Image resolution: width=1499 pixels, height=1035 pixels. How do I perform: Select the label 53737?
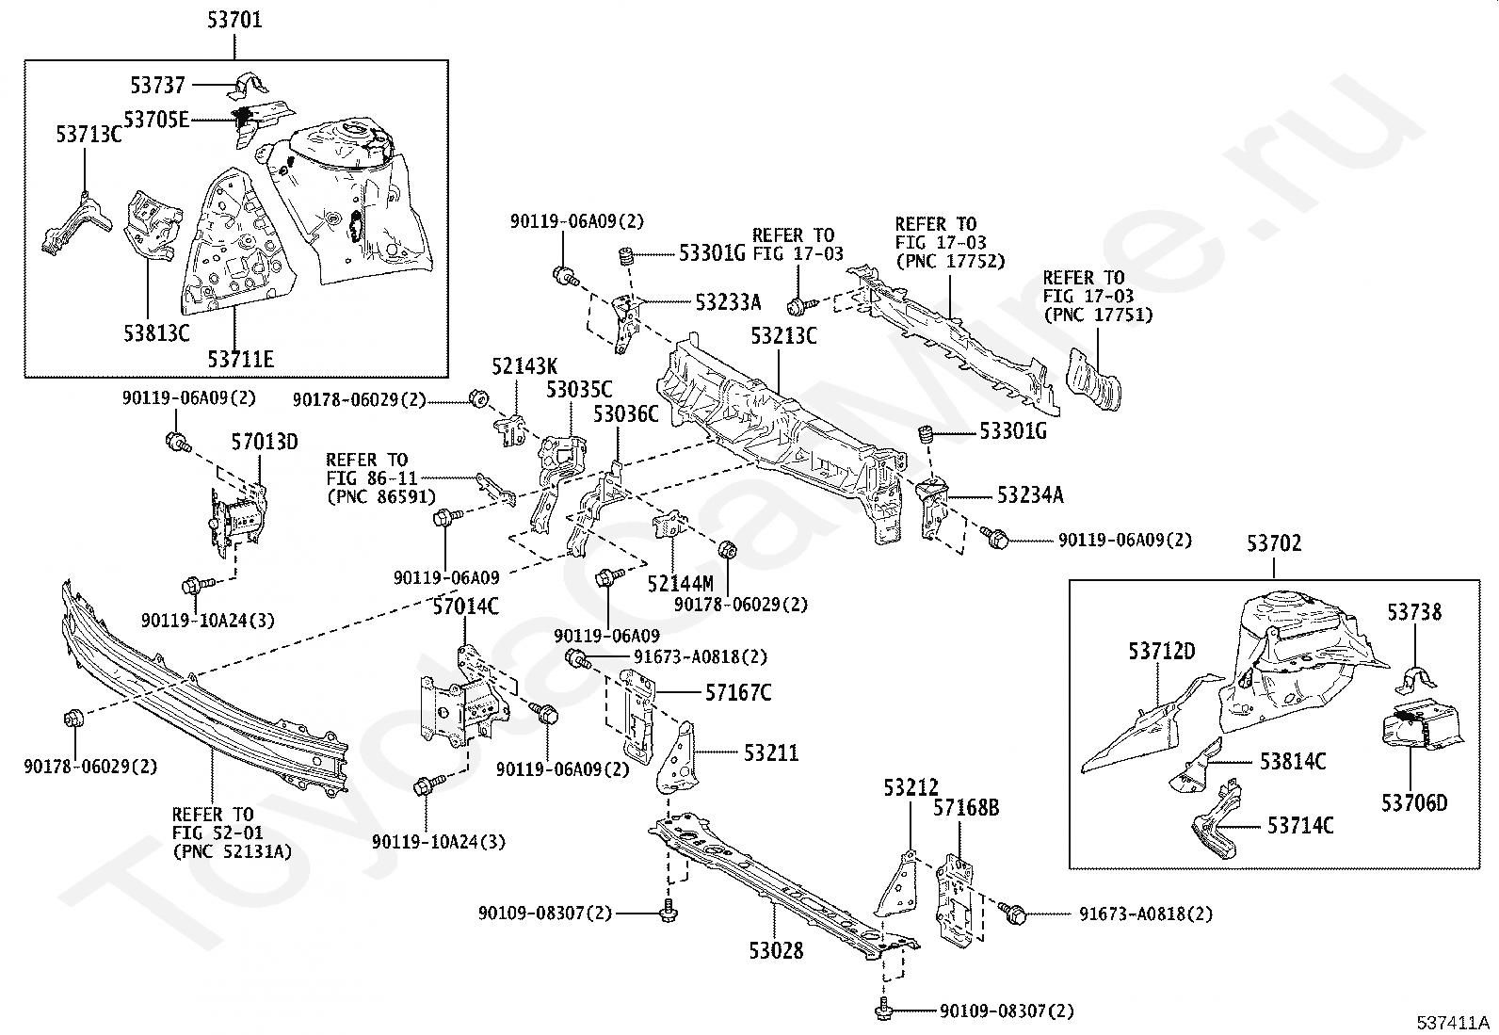(158, 86)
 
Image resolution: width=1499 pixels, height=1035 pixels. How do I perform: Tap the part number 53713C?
(89, 135)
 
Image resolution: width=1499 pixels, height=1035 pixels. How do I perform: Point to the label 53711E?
(241, 359)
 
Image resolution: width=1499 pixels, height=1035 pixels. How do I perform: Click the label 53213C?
(783, 335)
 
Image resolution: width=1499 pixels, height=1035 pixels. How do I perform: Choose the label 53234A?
(1030, 494)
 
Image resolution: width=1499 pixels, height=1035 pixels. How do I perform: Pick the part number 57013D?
(265, 442)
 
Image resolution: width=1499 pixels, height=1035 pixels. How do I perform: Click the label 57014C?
(465, 607)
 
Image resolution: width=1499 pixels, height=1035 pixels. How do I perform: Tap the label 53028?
(777, 950)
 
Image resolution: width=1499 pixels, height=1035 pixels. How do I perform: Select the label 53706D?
(1414, 803)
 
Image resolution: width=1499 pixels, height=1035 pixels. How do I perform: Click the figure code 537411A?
(1455, 1021)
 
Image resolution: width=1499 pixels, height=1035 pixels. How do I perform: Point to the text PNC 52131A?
(233, 851)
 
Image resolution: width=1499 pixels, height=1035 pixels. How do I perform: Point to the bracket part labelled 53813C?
(151, 226)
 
